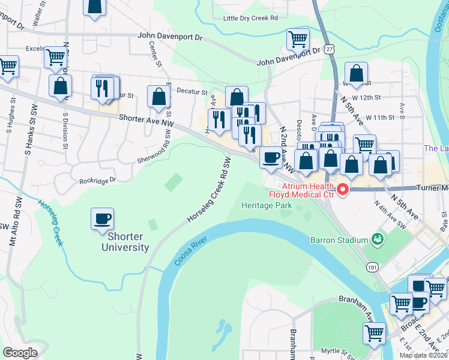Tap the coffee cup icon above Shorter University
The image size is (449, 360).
coord(102,218)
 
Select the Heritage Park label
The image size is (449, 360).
coord(266,205)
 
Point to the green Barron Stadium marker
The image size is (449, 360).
coord(378,239)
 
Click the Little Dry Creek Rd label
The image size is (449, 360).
coord(250,19)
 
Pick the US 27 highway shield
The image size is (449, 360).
coord(330,52)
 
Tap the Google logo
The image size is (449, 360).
coord(20,352)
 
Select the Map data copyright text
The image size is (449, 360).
coord(424,355)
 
